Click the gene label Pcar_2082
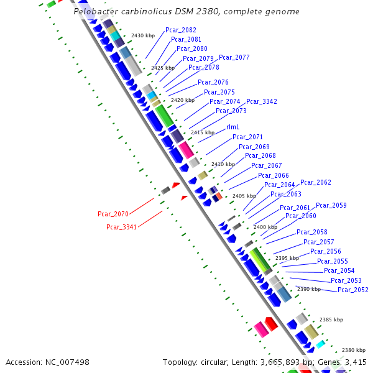click(x=180, y=30)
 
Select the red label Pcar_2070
click(x=113, y=214)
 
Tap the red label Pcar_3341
click(x=122, y=227)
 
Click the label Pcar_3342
click(x=262, y=101)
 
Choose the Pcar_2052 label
click(x=352, y=290)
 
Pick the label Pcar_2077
click(x=234, y=57)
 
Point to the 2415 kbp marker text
click(x=202, y=132)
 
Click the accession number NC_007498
click(x=67, y=362)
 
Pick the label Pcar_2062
click(x=316, y=182)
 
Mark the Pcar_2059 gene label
click(x=331, y=205)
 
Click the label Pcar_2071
click(x=247, y=137)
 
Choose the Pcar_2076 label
click(x=213, y=82)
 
